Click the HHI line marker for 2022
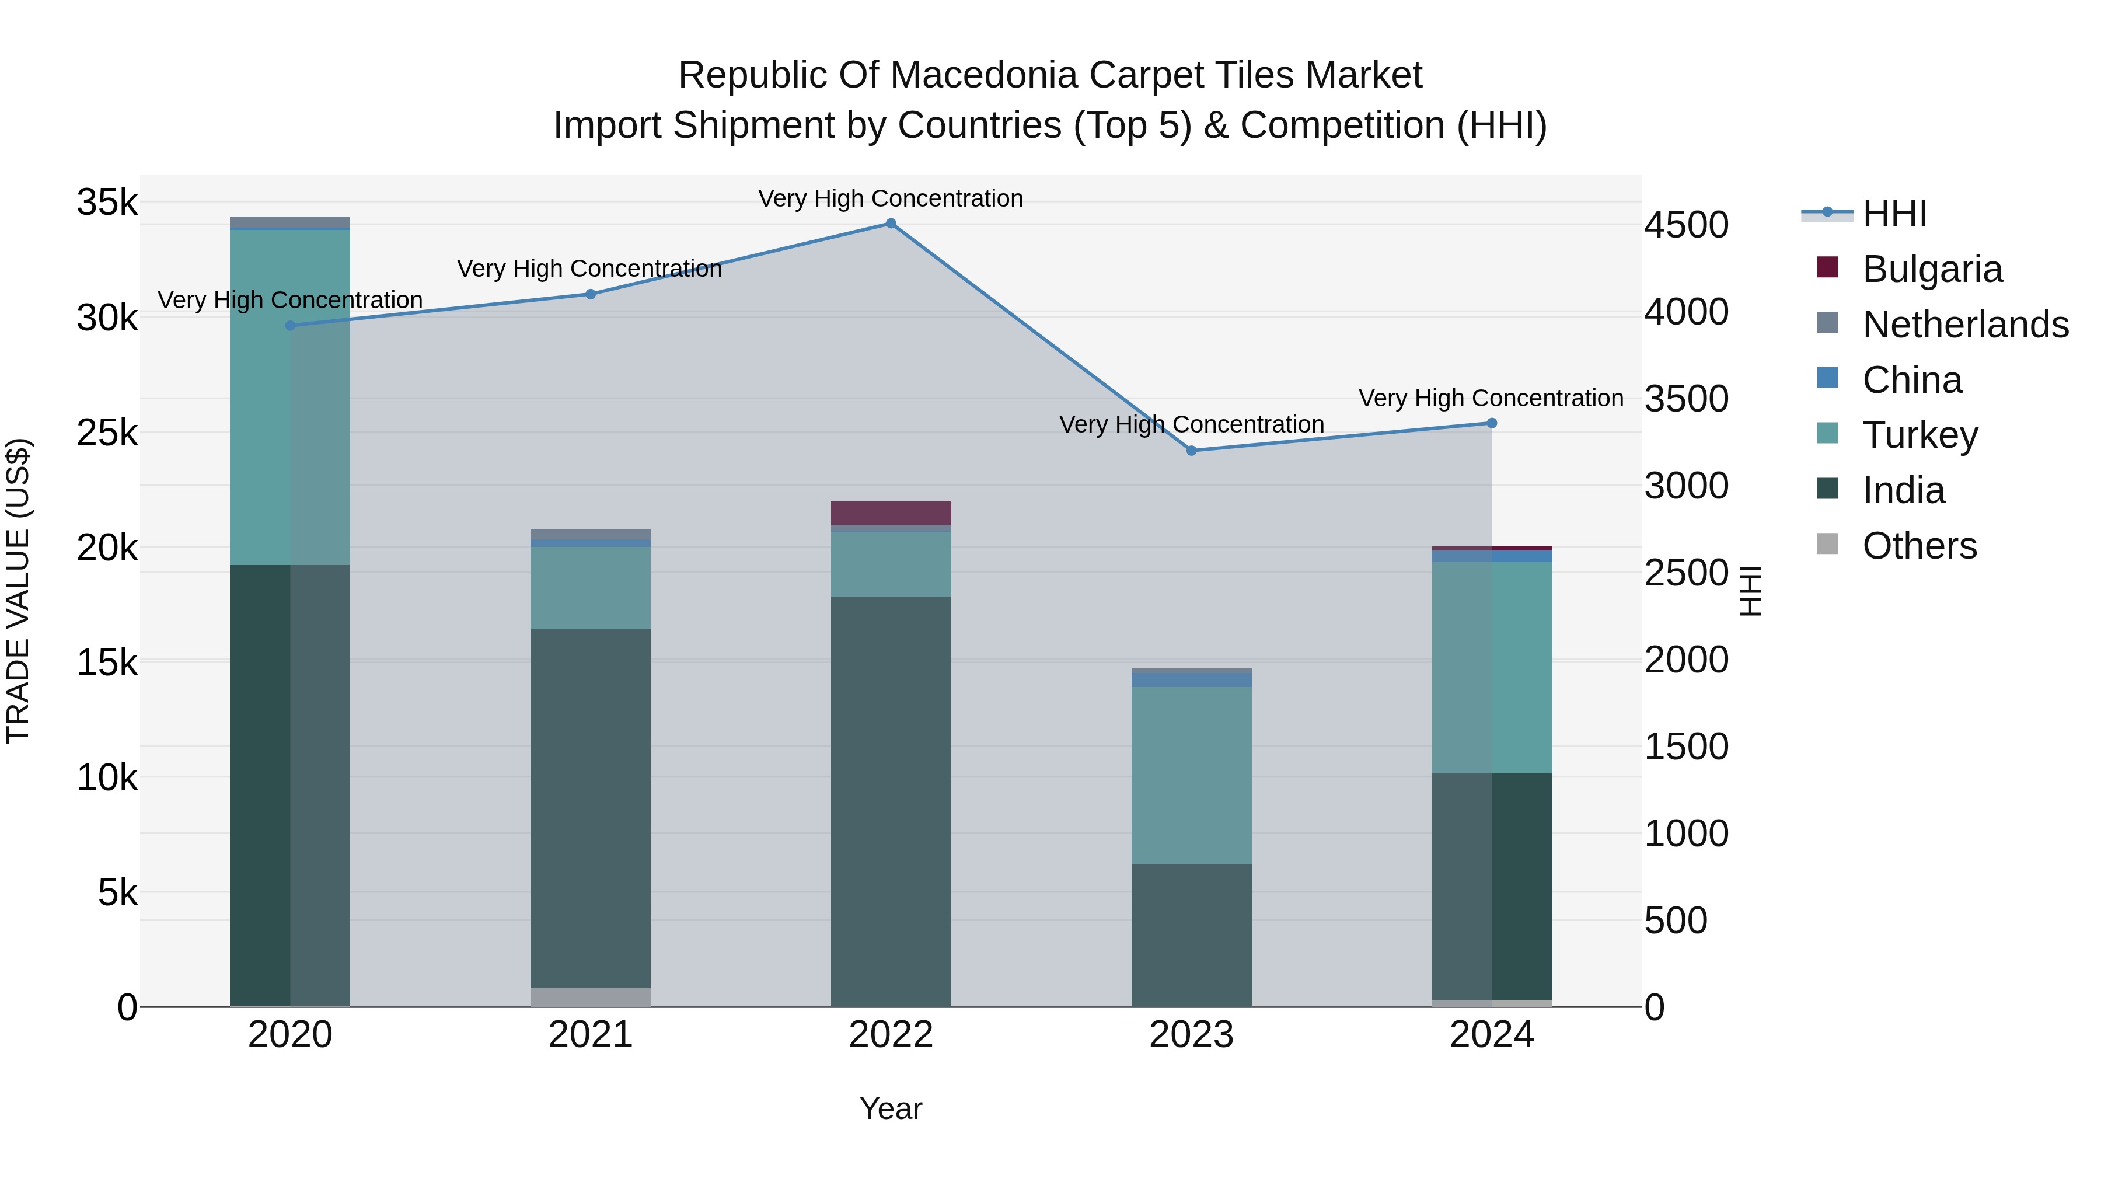click(x=891, y=224)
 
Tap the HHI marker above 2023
click(x=1191, y=450)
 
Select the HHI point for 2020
click(x=291, y=326)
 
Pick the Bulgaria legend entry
click(x=1931, y=269)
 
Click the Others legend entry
click(x=1919, y=546)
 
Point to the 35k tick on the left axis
click(x=107, y=203)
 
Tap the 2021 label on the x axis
click(x=591, y=1035)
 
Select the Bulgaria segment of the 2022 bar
click(x=891, y=512)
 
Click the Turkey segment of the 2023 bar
click(x=1191, y=775)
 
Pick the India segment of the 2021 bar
click(x=591, y=808)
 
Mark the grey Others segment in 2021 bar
click(x=591, y=997)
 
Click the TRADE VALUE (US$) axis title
click(x=18, y=591)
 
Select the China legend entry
click(x=1912, y=380)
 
